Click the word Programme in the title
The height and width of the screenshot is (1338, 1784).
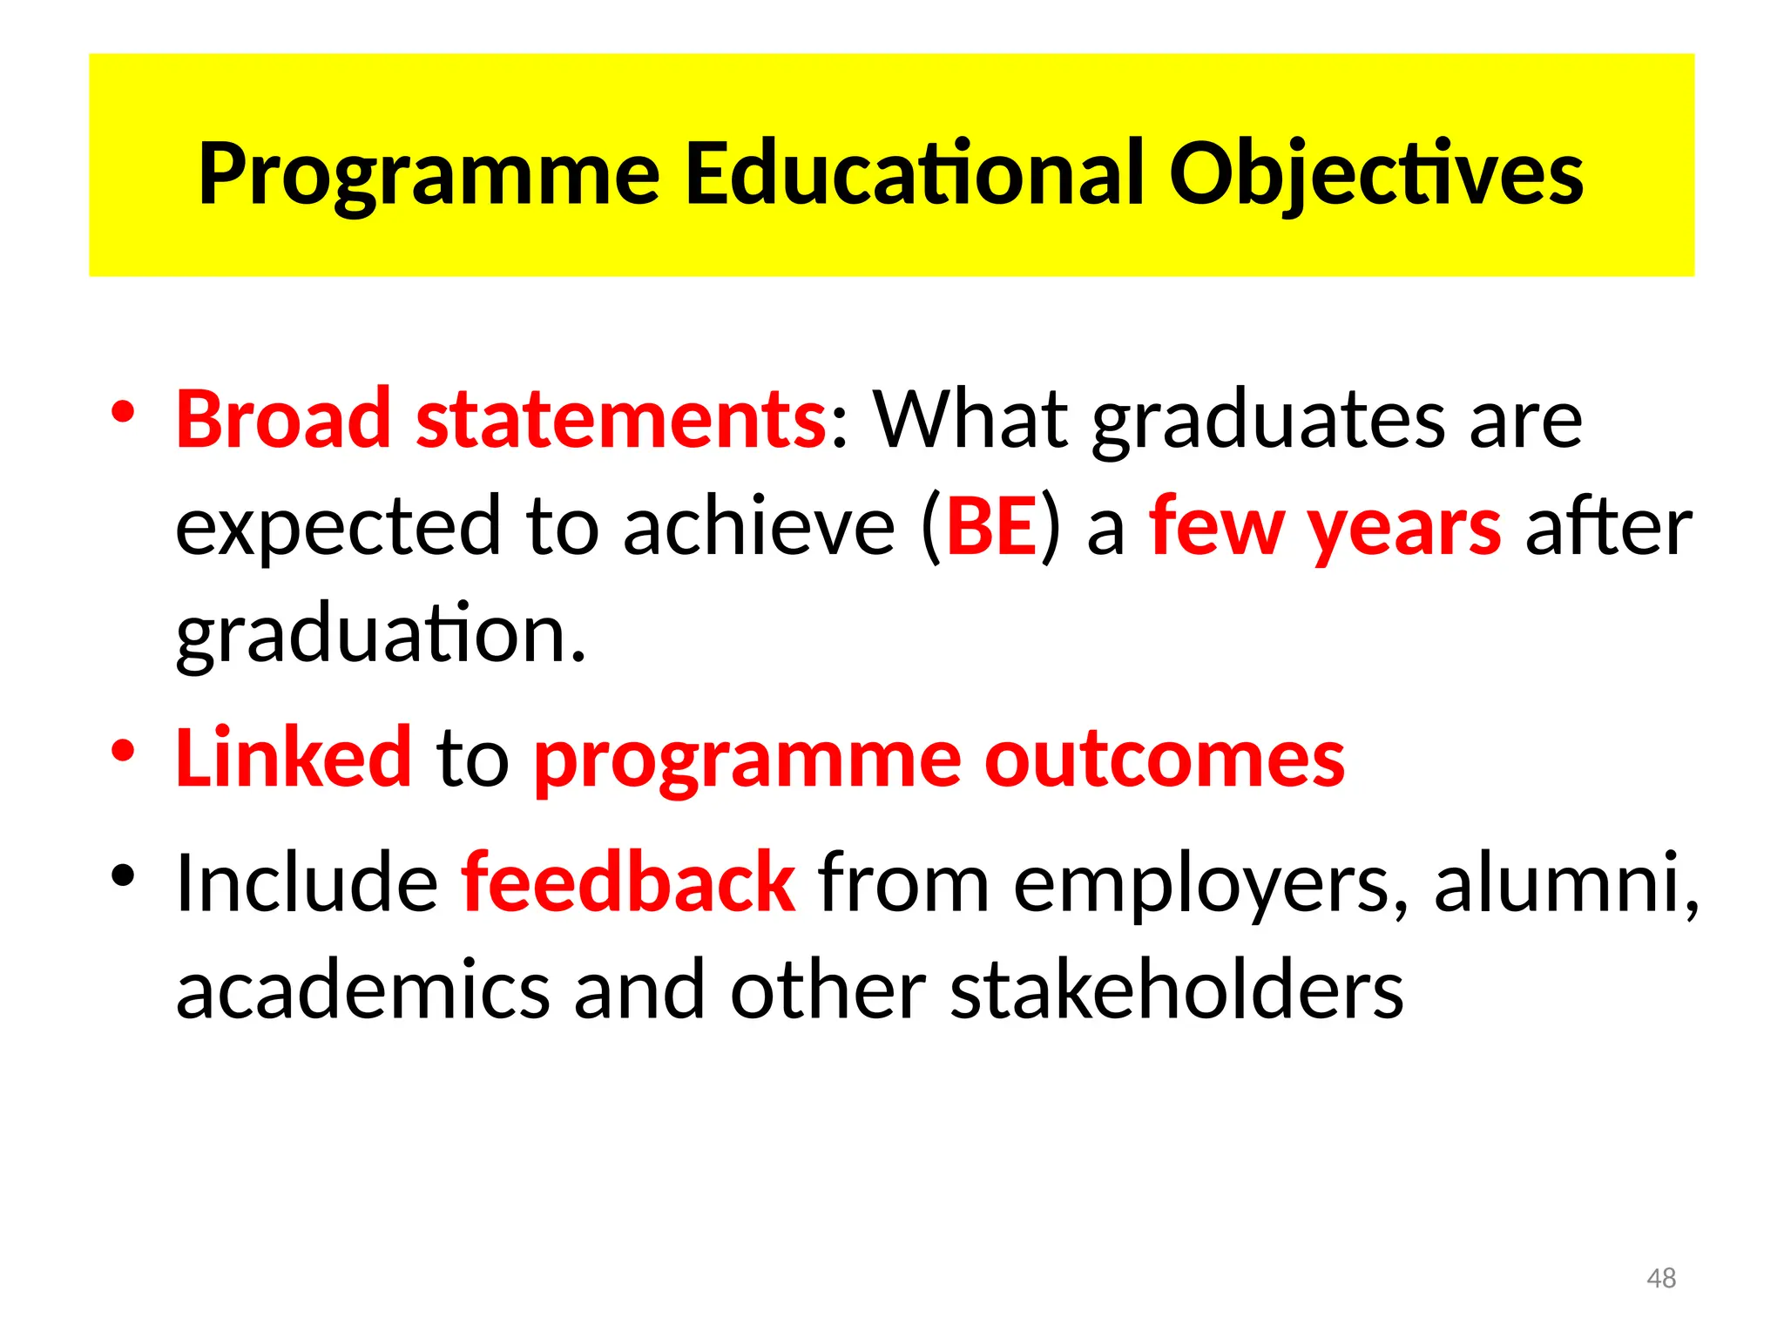click(x=429, y=174)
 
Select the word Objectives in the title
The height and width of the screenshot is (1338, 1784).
click(x=1375, y=174)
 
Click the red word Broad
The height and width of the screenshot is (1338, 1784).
click(x=283, y=419)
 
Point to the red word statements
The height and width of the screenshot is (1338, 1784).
click(x=621, y=419)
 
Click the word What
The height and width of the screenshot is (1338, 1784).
click(x=970, y=419)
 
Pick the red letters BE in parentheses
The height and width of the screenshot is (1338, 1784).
click(x=991, y=526)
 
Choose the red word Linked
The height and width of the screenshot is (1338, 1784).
click(x=294, y=757)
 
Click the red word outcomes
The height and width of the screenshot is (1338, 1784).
click(x=1165, y=759)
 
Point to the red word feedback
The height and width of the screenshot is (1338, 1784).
click(x=627, y=882)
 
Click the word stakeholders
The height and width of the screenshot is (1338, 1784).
click(x=1176, y=990)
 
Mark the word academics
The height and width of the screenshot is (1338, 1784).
click(x=363, y=990)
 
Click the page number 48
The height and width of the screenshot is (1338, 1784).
click(x=1661, y=1278)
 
